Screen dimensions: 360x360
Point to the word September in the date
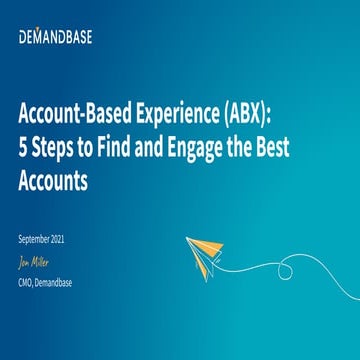click(x=36, y=239)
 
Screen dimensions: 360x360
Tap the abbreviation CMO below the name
click(x=26, y=282)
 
